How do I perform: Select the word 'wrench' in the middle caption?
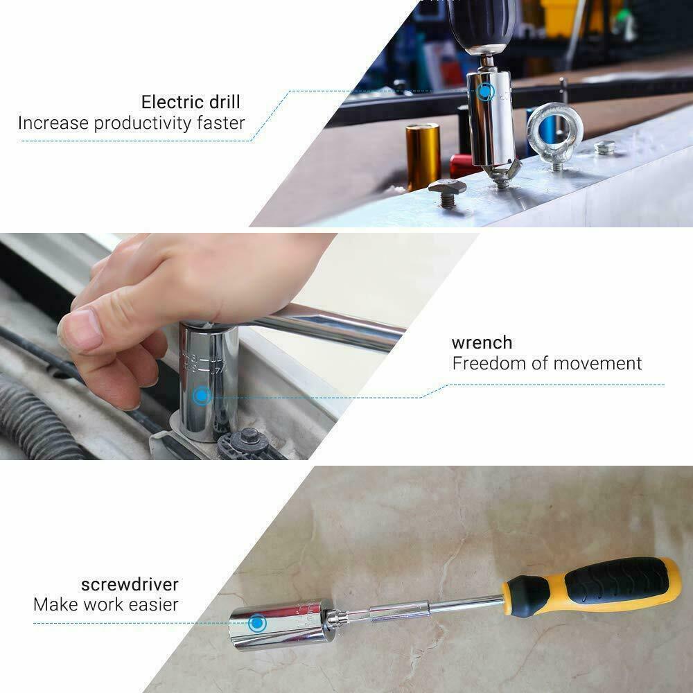click(482, 343)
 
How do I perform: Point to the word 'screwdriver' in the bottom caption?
click(130, 584)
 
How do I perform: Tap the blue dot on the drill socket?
click(486, 91)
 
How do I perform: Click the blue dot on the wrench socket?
click(202, 396)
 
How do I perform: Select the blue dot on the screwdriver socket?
click(257, 623)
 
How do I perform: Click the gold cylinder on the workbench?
click(423, 156)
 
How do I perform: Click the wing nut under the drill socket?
click(503, 170)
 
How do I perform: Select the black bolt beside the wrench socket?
click(249, 440)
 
